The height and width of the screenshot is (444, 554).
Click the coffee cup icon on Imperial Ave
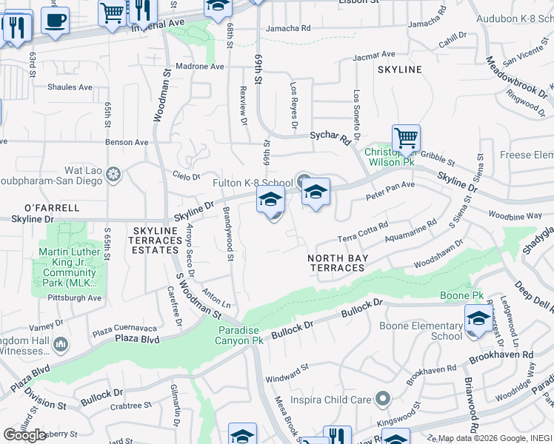(55, 19)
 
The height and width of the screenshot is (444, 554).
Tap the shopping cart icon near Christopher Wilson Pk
(406, 138)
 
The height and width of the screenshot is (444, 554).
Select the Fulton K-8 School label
(253, 183)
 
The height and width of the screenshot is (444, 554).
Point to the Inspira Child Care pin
(382, 400)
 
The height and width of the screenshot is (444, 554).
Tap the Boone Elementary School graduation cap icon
(478, 318)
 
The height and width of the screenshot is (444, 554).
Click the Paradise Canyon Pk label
(239, 335)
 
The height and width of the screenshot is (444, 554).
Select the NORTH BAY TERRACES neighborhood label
(338, 263)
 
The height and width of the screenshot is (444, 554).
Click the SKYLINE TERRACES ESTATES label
(156, 240)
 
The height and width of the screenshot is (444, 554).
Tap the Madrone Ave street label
(201, 67)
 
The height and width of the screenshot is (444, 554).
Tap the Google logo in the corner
(25, 435)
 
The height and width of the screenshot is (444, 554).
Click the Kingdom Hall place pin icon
(60, 343)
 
